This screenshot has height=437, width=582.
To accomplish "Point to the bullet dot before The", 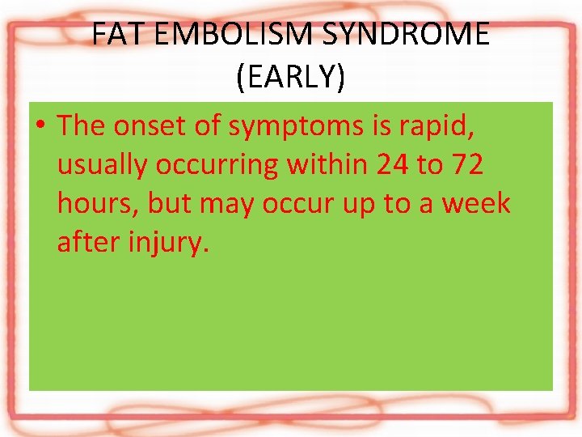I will click(40, 126).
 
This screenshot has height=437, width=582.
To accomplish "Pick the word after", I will click(88, 242).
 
